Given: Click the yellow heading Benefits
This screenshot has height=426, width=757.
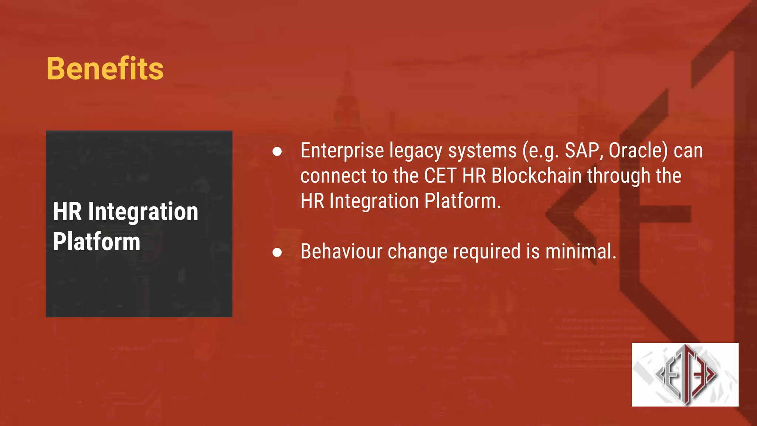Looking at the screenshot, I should [105, 69].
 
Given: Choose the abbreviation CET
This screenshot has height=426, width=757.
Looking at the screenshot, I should [440, 176].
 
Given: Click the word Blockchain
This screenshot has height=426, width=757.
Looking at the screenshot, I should [536, 176].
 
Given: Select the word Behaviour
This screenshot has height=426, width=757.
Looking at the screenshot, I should [341, 252].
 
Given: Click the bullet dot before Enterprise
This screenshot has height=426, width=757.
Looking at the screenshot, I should [277, 152].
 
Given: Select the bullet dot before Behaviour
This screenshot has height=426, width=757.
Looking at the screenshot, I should [277, 253].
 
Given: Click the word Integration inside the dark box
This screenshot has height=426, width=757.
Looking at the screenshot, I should [143, 212].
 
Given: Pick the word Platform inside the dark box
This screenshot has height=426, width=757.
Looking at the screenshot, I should [96, 242].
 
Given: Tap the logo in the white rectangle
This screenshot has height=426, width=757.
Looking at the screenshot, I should [685, 375].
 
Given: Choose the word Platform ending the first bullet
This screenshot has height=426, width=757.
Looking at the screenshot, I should [462, 201].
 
